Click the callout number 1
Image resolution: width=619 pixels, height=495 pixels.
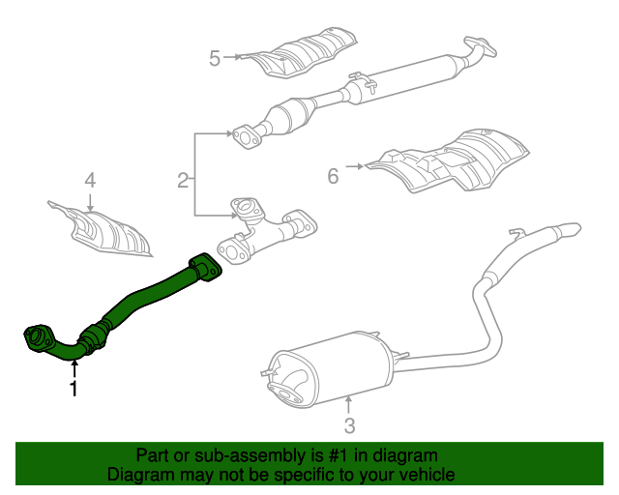pos(74,389)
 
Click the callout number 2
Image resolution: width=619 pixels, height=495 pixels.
pos(183,179)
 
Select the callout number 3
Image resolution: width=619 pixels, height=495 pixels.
pos(350,424)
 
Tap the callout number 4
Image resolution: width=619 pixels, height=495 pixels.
pos(90,180)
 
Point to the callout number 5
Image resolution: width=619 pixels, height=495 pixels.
pos(215,58)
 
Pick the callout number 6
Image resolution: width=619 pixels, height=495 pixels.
pos(333,175)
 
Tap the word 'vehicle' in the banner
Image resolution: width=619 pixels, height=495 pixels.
pos(427,476)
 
